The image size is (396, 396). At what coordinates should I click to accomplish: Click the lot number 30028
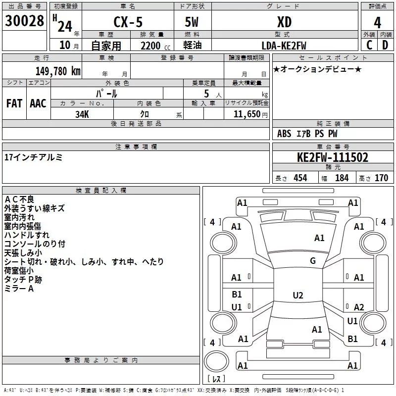(24, 21)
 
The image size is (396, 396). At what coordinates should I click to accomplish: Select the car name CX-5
(128, 22)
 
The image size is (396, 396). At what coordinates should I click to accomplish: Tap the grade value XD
(284, 22)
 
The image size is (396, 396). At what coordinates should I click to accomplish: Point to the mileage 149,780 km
(58, 71)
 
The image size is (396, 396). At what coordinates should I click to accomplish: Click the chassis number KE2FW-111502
(333, 157)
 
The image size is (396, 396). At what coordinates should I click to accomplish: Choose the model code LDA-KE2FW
(284, 46)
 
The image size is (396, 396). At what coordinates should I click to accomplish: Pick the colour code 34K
(82, 114)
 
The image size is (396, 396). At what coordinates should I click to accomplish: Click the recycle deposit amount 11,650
(247, 114)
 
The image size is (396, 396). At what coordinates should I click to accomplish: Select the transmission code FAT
(14, 103)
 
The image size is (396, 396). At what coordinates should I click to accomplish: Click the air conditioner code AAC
(38, 103)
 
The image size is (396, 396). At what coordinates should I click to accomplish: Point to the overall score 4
(377, 23)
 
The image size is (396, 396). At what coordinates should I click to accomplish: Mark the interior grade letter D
(385, 45)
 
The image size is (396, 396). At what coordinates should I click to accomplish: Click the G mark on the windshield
(313, 260)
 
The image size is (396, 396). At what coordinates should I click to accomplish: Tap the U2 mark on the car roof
(298, 295)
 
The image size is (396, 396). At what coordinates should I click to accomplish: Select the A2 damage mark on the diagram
(359, 307)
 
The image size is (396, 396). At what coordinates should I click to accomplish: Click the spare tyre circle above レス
(216, 361)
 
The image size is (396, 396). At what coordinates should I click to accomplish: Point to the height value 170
(381, 178)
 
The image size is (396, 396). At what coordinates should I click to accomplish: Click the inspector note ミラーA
(19, 289)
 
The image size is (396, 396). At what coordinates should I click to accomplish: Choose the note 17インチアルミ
(33, 157)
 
